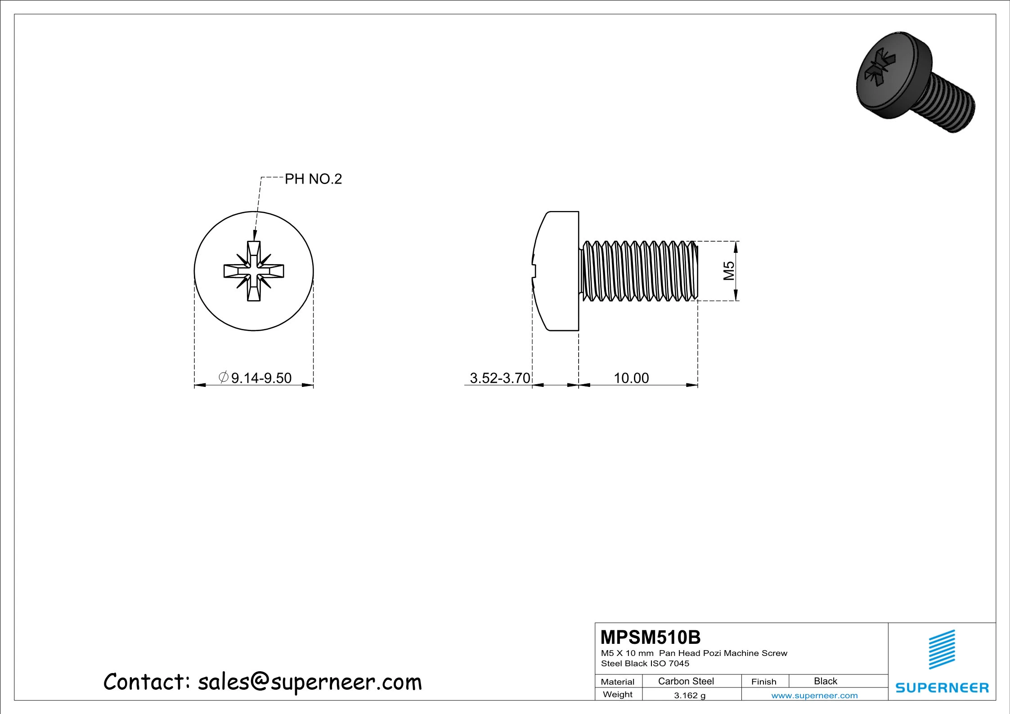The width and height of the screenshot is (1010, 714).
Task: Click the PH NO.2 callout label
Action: click(x=313, y=179)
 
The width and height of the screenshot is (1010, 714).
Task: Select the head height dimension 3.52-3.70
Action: click(x=500, y=378)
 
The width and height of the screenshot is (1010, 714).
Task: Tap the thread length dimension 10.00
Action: click(x=631, y=378)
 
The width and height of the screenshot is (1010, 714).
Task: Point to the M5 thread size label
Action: click(x=729, y=271)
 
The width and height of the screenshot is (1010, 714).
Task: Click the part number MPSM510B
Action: click(x=651, y=638)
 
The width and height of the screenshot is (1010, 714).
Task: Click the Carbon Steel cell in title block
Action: click(x=686, y=681)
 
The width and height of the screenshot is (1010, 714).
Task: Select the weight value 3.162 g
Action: click(x=690, y=695)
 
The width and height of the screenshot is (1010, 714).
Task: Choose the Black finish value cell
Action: click(x=826, y=681)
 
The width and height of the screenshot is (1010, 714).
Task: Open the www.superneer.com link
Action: click(x=814, y=696)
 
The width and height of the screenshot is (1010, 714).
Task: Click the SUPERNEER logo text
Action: click(x=942, y=688)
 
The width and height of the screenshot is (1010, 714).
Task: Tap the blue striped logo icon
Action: click(x=942, y=649)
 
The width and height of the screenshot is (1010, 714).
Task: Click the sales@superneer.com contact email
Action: click(x=310, y=682)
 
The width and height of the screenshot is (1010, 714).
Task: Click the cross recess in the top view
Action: click(x=254, y=271)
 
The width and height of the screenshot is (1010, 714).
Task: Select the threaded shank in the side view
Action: click(x=639, y=271)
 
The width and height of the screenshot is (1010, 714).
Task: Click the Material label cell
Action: click(x=618, y=682)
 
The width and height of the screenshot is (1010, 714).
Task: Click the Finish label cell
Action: click(x=763, y=682)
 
